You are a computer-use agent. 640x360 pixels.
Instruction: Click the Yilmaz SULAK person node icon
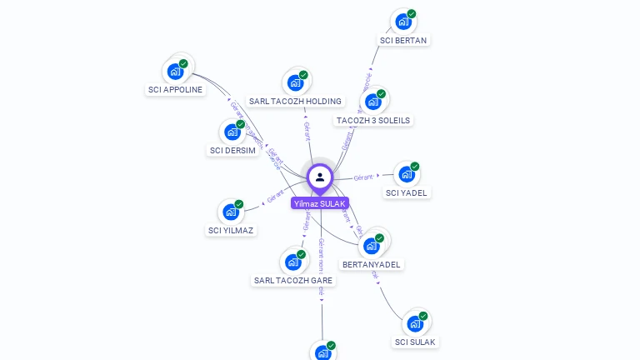[x=320, y=177]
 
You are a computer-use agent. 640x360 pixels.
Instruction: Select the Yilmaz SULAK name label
[x=320, y=203]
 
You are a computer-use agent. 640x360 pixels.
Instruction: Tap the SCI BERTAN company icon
[x=403, y=22]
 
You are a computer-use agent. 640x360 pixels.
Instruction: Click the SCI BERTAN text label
[x=404, y=40]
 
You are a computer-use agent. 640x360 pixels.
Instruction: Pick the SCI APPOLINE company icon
[x=175, y=71]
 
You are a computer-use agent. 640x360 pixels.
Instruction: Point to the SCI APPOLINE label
[x=175, y=90]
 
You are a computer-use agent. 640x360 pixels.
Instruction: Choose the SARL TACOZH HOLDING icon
[x=295, y=82]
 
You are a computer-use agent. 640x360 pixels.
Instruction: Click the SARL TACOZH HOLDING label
[x=295, y=102]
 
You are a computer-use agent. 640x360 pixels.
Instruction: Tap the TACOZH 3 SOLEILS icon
[x=372, y=102]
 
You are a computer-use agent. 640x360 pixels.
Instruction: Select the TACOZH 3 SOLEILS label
[x=373, y=121]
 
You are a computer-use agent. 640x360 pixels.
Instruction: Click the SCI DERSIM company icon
[x=232, y=132]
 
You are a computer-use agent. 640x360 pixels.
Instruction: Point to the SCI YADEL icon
[x=406, y=174]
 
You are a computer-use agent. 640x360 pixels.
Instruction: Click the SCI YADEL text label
[x=407, y=193]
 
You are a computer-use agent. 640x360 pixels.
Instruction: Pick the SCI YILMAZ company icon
[x=231, y=212]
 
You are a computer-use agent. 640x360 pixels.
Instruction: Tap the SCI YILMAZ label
[x=231, y=231]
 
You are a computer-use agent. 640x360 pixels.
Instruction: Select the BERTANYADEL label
[x=372, y=265]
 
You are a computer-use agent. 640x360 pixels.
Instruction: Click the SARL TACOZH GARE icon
[x=292, y=262]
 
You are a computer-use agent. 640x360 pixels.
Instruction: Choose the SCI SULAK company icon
[x=415, y=323]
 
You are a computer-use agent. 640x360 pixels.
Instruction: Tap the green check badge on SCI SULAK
[x=423, y=317]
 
